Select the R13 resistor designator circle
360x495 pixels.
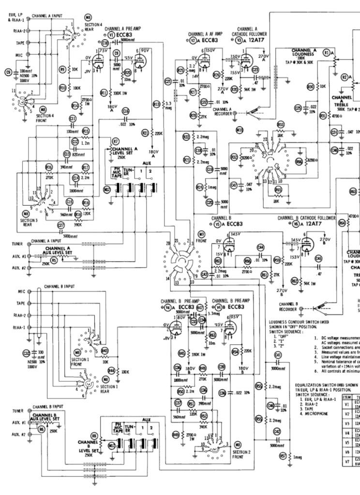pos(156,105)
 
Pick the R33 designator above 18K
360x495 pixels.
pos(280,125)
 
